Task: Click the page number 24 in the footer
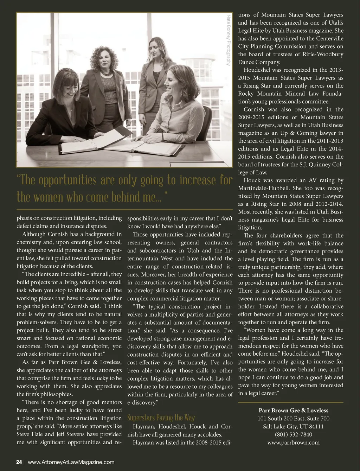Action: (x=19, y=462)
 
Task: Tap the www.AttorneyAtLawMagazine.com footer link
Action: (x=71, y=462)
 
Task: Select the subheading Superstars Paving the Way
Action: (x=161, y=418)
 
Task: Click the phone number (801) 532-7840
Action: (x=293, y=434)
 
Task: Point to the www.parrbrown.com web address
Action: (x=293, y=443)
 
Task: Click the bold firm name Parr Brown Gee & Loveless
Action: (x=293, y=410)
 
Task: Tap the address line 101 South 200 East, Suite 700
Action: (x=293, y=419)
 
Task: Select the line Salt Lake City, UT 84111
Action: (x=293, y=426)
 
